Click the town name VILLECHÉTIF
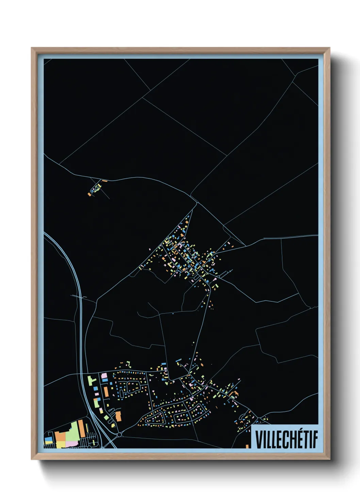[286, 439]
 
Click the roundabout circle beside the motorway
[119, 434]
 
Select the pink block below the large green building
[71, 444]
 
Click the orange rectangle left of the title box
[247, 446]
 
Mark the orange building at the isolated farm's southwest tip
[89, 194]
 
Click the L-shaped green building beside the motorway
[91, 380]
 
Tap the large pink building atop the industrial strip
[104, 376]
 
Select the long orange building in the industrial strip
[106, 391]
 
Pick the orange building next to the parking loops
[118, 416]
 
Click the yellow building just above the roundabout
[113, 425]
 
